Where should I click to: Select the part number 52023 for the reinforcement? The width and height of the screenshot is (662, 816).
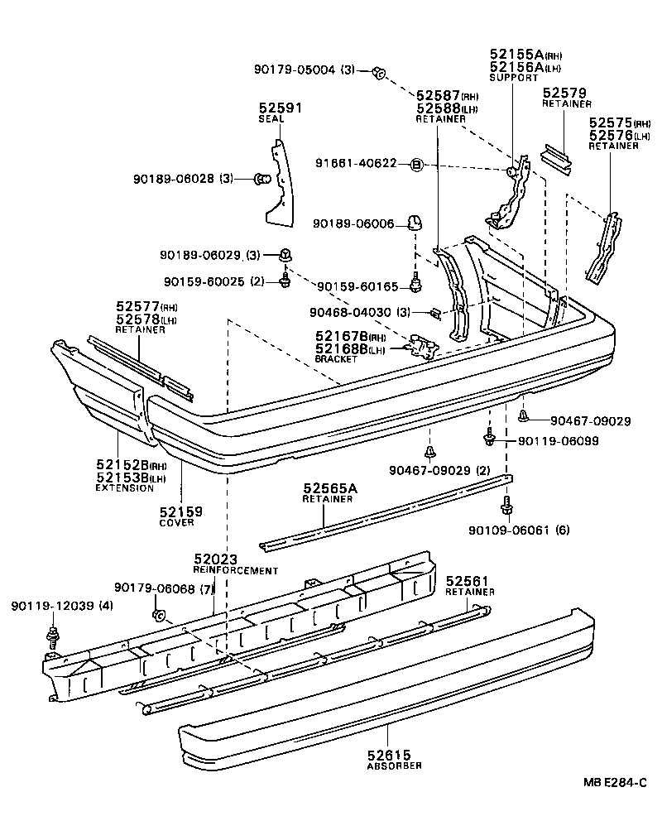pyautogui.click(x=214, y=559)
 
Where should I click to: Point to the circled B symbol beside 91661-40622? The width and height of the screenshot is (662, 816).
pyautogui.click(x=417, y=166)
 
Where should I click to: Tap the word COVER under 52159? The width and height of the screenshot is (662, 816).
pyautogui.click(x=178, y=522)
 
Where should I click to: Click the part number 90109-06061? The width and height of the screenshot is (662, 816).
pyautogui.click(x=506, y=530)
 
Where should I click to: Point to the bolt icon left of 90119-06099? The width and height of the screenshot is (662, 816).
pyautogui.click(x=488, y=438)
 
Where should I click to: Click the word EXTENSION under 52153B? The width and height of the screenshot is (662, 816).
pyautogui.click(x=124, y=488)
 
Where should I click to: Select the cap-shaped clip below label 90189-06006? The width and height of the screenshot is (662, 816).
pyautogui.click(x=415, y=222)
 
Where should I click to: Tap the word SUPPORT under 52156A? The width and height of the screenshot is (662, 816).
pyautogui.click(x=513, y=78)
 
